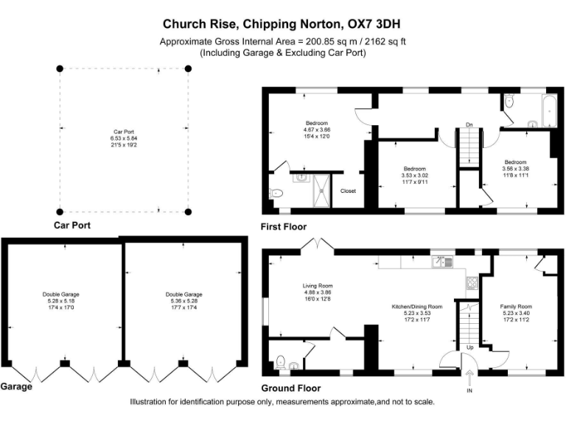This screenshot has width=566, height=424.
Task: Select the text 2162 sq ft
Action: [x=385, y=42]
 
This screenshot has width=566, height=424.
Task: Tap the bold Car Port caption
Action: [x=72, y=225]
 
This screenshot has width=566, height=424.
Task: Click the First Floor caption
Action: [x=284, y=227]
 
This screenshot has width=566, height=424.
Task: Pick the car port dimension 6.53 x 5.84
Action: [x=124, y=138]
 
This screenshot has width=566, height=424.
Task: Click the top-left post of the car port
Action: [x=60, y=68]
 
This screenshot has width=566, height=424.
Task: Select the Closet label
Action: [x=348, y=191]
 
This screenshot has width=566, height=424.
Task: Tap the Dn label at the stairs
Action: [x=468, y=124]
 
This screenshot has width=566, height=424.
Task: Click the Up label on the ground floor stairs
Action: [x=469, y=347]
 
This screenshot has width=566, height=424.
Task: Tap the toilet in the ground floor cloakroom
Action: [x=281, y=361]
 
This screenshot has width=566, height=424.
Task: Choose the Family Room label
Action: [x=516, y=306]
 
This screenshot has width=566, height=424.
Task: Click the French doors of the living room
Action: [x=318, y=244]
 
